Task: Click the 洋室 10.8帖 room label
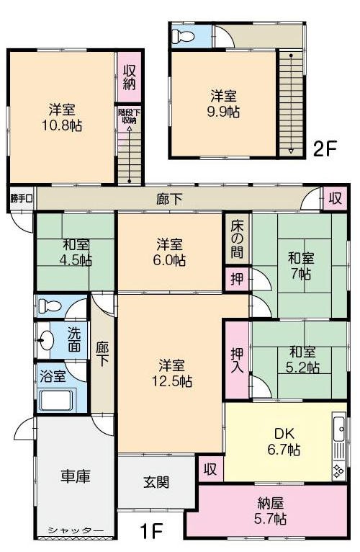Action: click(62, 117)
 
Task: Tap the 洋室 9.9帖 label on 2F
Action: click(223, 104)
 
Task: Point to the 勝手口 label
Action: click(21, 199)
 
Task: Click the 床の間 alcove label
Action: click(238, 239)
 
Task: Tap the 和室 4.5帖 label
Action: click(76, 253)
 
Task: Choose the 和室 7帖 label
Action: click(301, 266)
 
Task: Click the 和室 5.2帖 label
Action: click(302, 360)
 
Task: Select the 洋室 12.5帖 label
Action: click(172, 373)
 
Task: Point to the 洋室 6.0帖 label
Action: click(170, 252)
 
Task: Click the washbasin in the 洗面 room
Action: click(45, 340)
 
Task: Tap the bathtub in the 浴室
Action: click(56, 399)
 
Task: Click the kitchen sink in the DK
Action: click(339, 428)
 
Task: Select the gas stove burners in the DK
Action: click(339, 471)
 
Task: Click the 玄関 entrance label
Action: click(156, 482)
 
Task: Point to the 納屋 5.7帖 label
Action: click(270, 511)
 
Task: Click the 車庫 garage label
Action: click(76, 476)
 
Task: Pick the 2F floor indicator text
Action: click(325, 149)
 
